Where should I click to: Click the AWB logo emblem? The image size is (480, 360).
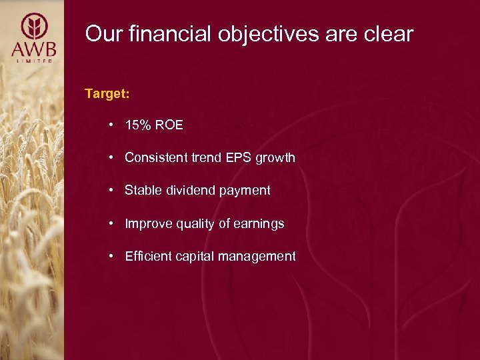tap(33, 27)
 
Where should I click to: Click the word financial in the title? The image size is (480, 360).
tap(157, 33)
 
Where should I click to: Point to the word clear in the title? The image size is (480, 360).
tap(387, 33)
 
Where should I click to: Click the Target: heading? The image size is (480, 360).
tap(107, 93)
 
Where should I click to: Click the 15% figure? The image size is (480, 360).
tap(137, 125)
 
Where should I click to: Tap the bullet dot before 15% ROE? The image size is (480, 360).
tap(114, 125)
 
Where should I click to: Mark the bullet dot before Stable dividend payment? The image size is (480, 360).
tap(114, 191)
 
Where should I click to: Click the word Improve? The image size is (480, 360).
tap(147, 224)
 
